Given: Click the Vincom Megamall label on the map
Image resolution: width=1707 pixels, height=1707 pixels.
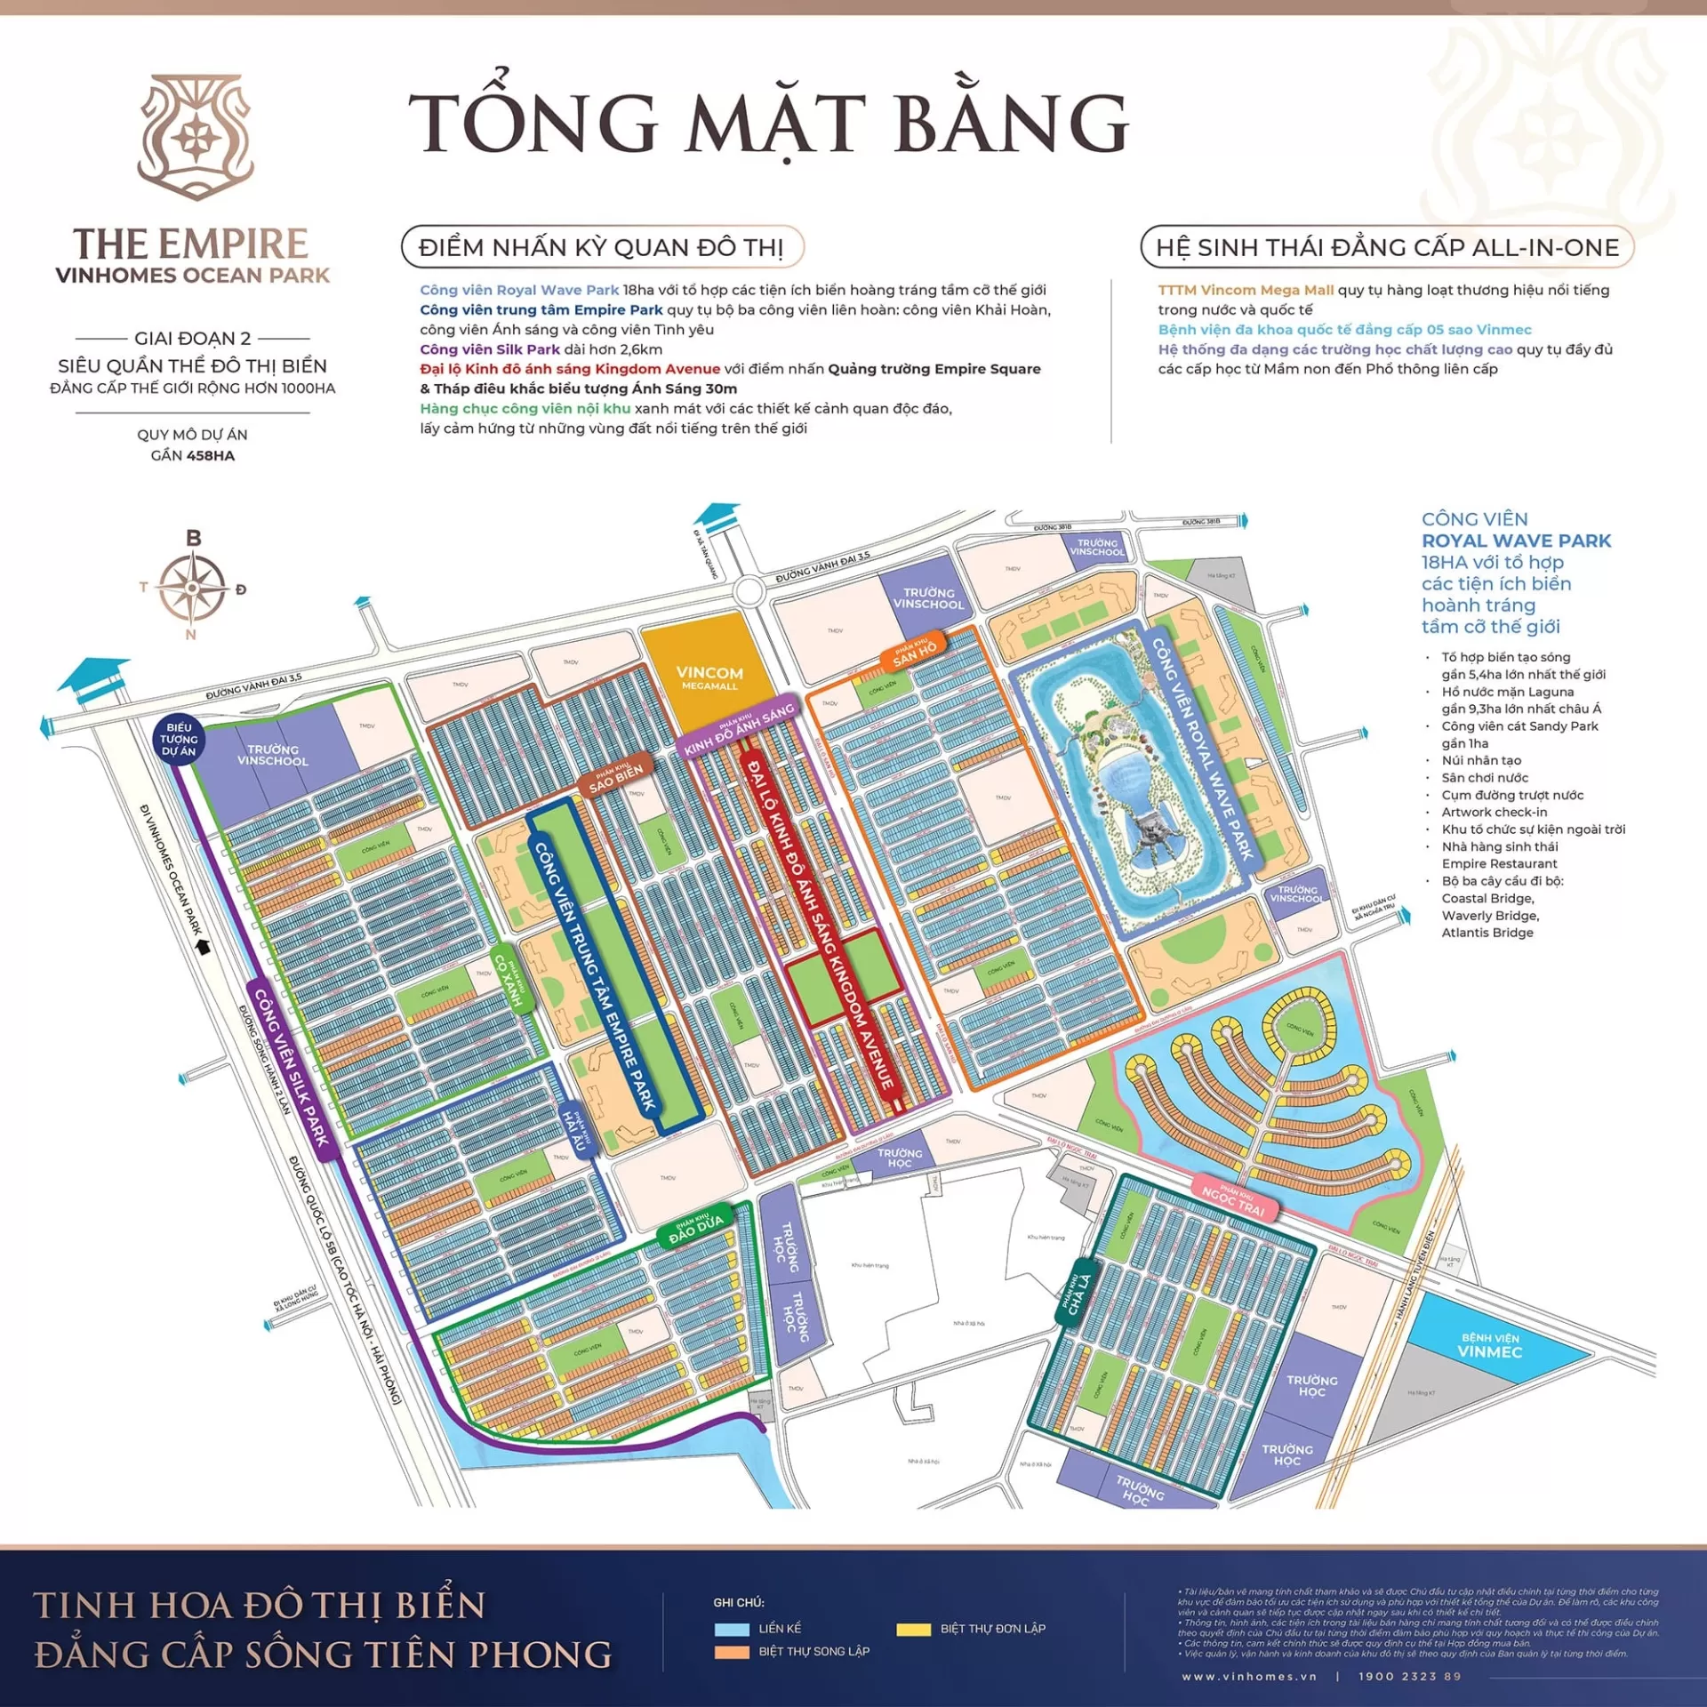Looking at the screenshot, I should pyautogui.click(x=709, y=677).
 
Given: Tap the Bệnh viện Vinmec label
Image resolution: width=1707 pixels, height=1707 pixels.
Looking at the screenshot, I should pyautogui.click(x=1490, y=1345).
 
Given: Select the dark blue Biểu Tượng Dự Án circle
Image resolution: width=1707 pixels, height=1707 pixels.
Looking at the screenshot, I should pyautogui.click(x=179, y=739).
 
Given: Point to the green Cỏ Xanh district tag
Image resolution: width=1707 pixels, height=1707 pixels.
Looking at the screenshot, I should pyautogui.click(x=513, y=979).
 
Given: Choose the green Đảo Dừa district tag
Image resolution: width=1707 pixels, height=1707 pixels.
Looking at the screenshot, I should pyautogui.click(x=695, y=1227).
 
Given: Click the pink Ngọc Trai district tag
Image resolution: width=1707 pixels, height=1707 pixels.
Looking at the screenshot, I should pyautogui.click(x=1234, y=1200).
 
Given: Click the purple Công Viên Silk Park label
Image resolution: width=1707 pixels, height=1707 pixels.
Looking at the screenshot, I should pyautogui.click(x=292, y=1067).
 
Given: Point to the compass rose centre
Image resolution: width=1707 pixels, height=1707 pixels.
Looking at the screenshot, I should pyautogui.click(x=192, y=588).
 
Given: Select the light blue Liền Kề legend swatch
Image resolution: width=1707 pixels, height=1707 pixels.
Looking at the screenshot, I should pyautogui.click(x=732, y=1629).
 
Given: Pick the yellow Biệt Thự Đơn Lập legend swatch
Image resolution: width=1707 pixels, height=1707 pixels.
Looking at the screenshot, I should pyautogui.click(x=913, y=1629).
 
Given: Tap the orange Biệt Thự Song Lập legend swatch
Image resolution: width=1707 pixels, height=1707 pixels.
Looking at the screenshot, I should pyautogui.click(x=732, y=1652).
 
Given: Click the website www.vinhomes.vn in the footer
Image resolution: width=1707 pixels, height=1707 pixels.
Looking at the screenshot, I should pyautogui.click(x=1249, y=1676).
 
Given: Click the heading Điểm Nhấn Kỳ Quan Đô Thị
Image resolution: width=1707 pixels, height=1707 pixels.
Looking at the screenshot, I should pyautogui.click(x=602, y=247).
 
